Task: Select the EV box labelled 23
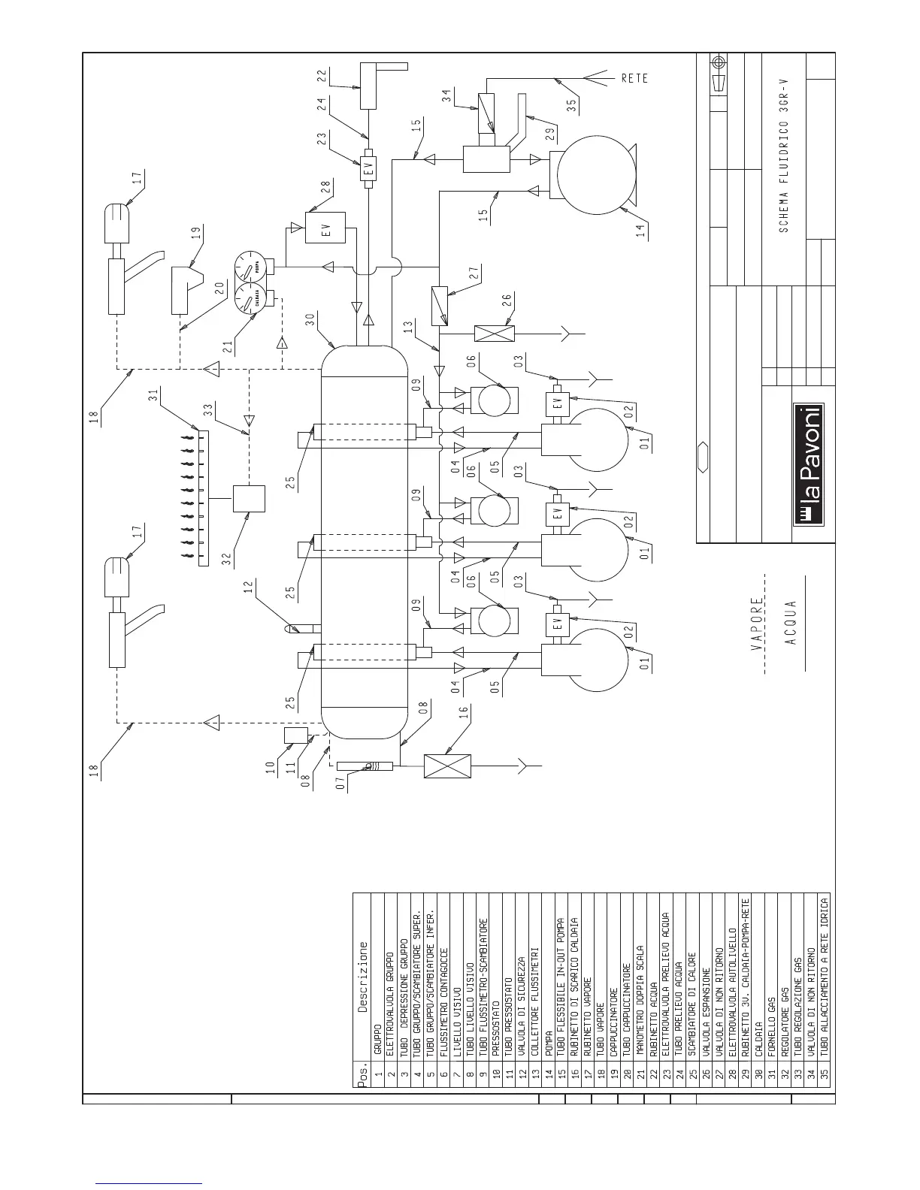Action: click(x=368, y=169)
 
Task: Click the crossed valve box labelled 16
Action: click(x=447, y=766)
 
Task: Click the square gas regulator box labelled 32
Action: click(x=249, y=498)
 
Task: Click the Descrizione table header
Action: click(x=364, y=977)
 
